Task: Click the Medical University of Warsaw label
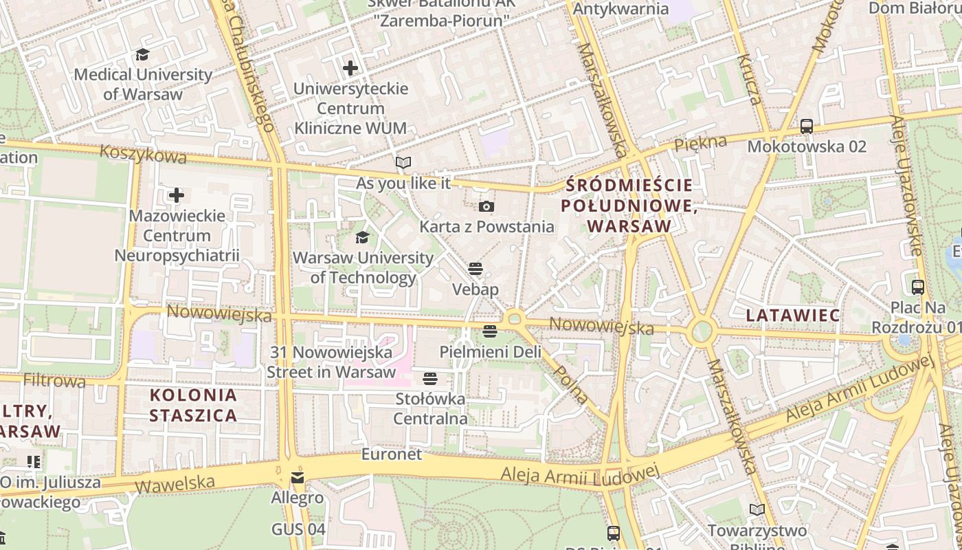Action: (x=143, y=84)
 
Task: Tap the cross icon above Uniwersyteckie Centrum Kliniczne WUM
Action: (x=350, y=68)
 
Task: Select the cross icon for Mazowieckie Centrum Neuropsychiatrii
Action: (x=177, y=195)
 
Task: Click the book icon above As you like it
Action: (x=403, y=163)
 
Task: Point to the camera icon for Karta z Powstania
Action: (x=486, y=206)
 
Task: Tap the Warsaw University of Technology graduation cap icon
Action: (x=362, y=238)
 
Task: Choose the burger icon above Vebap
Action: (x=476, y=269)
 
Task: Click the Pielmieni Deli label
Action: (x=489, y=352)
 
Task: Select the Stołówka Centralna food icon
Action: (x=430, y=378)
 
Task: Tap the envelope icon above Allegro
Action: (x=298, y=477)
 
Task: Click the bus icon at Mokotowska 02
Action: (x=807, y=126)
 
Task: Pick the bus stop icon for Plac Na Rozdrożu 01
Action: (x=917, y=287)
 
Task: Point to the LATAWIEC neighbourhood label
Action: (x=793, y=316)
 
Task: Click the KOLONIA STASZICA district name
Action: (x=193, y=405)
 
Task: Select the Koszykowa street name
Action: (x=143, y=154)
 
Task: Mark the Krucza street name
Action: (x=750, y=79)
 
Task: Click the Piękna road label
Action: (x=700, y=144)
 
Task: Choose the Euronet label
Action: (x=392, y=454)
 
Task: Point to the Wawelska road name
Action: (x=175, y=483)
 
